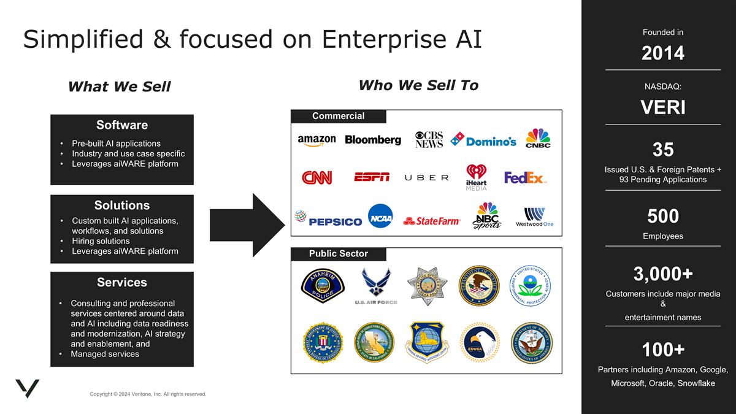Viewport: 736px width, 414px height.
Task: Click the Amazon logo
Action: (316, 140)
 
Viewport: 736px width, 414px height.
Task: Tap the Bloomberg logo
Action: (373, 140)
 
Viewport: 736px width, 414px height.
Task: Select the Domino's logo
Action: (483, 140)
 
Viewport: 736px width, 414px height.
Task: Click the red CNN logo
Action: (316, 178)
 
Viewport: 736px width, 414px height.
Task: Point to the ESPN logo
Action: (372, 177)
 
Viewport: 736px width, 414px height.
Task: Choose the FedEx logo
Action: (525, 178)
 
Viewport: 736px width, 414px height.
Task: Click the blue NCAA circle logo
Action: (380, 216)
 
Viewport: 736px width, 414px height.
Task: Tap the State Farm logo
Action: (432, 221)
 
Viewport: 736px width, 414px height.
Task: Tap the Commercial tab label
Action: (338, 116)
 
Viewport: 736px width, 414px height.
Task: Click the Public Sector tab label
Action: (338, 253)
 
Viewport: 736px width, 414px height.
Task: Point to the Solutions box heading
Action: (121, 205)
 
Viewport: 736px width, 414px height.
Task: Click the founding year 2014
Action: (662, 53)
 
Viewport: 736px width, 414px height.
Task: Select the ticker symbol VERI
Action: (662, 107)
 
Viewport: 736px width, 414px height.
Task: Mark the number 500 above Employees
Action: (662, 216)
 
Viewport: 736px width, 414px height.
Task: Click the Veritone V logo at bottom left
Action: (27, 389)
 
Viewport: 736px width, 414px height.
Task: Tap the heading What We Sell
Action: (119, 86)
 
